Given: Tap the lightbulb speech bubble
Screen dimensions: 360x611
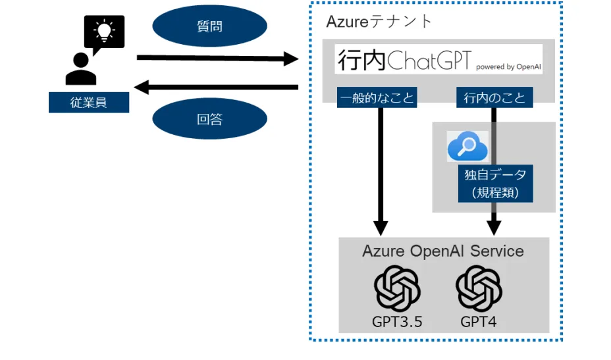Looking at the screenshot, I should [x=103, y=32].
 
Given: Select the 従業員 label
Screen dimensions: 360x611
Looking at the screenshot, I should [x=88, y=103].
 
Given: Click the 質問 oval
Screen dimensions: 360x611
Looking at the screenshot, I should [x=209, y=27].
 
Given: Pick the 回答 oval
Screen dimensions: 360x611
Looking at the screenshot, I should [x=209, y=119].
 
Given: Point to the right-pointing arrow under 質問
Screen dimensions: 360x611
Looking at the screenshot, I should [x=217, y=59].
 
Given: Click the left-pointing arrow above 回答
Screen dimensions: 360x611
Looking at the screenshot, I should [x=217, y=87].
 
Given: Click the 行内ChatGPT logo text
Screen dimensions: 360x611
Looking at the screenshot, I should [x=404, y=59].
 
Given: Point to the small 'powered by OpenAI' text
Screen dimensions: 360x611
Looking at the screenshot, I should [x=508, y=66].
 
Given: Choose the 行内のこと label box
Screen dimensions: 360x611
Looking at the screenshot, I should [x=494, y=98].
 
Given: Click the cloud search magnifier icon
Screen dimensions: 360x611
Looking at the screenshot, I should [x=467, y=146].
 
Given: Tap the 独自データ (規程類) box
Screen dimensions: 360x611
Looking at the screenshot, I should [x=495, y=184].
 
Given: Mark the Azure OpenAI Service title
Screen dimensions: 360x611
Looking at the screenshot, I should [x=442, y=251].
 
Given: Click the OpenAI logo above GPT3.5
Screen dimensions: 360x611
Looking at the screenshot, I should [x=397, y=288].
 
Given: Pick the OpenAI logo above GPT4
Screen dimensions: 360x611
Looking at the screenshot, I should [x=479, y=288].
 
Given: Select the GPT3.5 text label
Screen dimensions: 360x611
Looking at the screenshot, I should [x=397, y=322].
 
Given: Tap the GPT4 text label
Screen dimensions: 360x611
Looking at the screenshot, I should [x=479, y=322].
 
